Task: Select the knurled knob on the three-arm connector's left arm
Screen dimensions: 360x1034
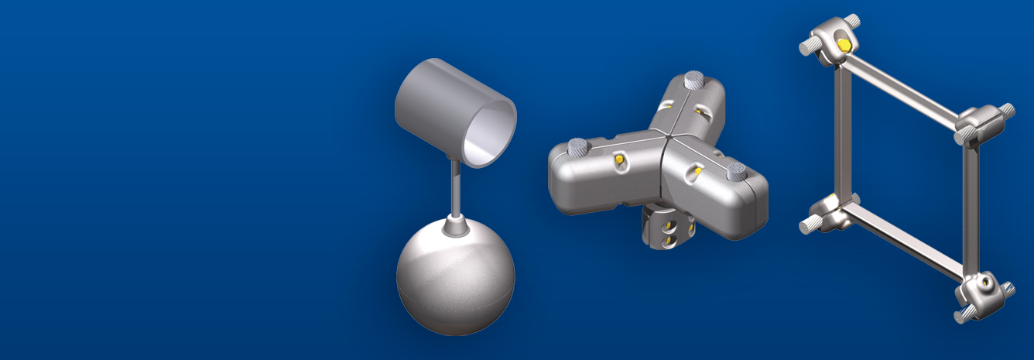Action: pyautogui.click(x=577, y=146)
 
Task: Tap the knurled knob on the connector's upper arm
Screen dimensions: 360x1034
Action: pyautogui.click(x=693, y=79)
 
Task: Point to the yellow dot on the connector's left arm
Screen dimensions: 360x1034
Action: pyautogui.click(x=618, y=159)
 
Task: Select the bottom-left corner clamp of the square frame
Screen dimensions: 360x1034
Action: pyautogui.click(x=827, y=213)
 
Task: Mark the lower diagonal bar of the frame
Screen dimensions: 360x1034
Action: pyautogui.click(x=906, y=244)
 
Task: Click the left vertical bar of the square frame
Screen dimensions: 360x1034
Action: pyautogui.click(x=843, y=132)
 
